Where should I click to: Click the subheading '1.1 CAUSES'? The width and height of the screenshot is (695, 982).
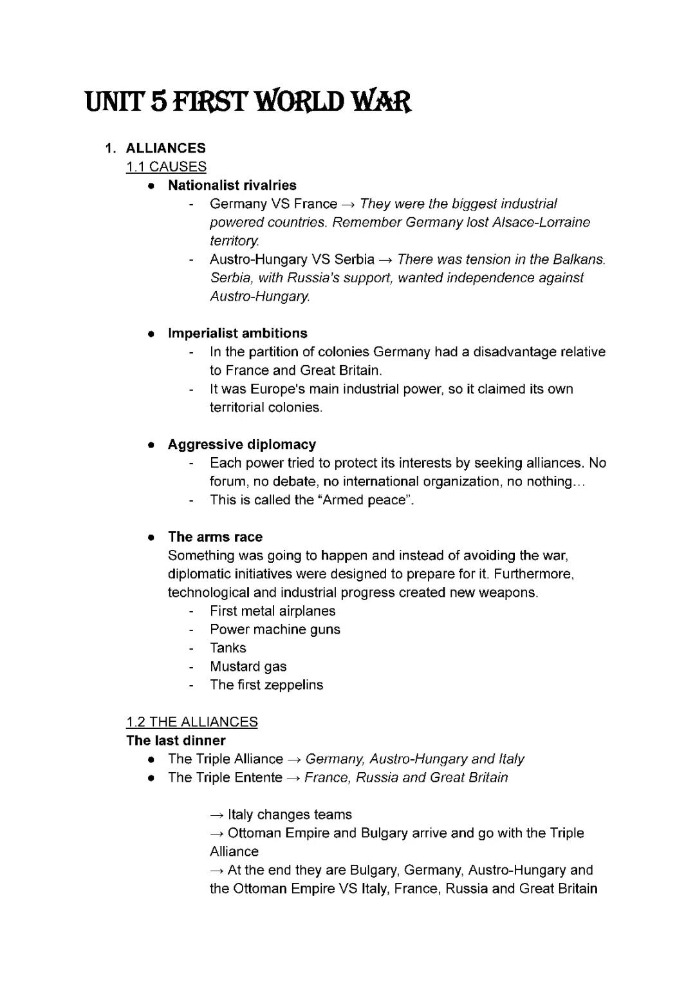(x=166, y=167)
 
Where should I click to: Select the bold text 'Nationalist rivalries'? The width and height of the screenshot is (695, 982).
(x=232, y=185)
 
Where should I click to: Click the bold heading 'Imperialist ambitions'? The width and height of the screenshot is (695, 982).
(x=237, y=334)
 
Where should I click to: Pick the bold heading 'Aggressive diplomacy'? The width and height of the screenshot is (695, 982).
(x=241, y=444)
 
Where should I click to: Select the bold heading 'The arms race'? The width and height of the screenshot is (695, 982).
(x=215, y=537)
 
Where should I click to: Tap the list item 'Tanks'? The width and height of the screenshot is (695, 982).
(x=228, y=648)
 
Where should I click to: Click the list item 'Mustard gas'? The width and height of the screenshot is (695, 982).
(x=248, y=666)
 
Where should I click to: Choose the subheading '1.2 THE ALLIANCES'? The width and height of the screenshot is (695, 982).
(x=192, y=722)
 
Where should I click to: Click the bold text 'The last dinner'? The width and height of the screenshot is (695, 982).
(x=176, y=741)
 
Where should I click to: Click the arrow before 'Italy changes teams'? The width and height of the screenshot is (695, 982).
(x=217, y=815)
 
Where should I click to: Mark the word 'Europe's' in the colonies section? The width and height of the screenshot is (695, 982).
(x=277, y=389)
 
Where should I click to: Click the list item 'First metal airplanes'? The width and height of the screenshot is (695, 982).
(x=272, y=611)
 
